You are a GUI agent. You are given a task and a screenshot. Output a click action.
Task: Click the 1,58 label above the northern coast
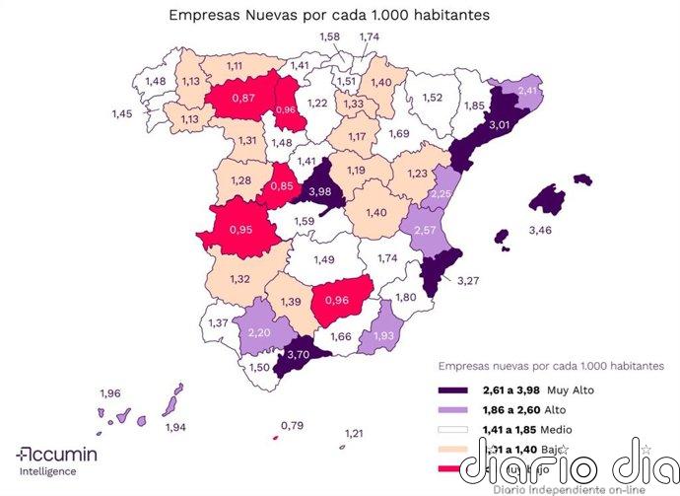[x=331, y=36]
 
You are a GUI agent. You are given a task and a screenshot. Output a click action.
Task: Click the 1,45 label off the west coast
[x=122, y=114]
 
